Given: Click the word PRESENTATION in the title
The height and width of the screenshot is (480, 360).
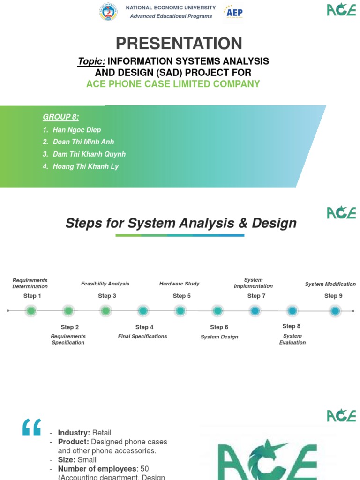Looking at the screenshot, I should pyautogui.click(x=179, y=44).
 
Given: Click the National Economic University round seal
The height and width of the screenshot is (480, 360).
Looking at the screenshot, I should pyautogui.click(x=108, y=12).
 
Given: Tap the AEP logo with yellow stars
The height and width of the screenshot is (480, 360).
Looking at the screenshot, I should pyautogui.click(x=233, y=12).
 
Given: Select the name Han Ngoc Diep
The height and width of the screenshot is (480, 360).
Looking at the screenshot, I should pyautogui.click(x=76, y=130).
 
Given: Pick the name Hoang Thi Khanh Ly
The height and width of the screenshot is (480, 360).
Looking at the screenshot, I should pyautogui.click(x=86, y=166).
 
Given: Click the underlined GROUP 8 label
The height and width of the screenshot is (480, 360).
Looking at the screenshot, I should pyautogui.click(x=60, y=117).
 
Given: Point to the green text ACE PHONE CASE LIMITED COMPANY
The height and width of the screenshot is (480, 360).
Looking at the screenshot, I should pyautogui.click(x=173, y=84).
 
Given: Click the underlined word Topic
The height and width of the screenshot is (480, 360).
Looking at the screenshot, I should pyautogui.click(x=91, y=61).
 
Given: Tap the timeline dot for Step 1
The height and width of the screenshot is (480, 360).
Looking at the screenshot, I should pyautogui.click(x=31, y=310).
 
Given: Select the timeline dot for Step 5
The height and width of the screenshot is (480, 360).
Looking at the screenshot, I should pyautogui.click(x=180, y=310).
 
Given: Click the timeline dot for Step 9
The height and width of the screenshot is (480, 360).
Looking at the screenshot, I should pyautogui.click(x=335, y=310).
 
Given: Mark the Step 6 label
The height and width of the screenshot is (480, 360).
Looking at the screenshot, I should pyautogui.click(x=219, y=327).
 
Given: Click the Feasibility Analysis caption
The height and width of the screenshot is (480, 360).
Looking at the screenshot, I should pyautogui.click(x=105, y=284).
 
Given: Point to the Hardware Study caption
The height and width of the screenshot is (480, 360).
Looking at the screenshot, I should pyautogui.click(x=179, y=284).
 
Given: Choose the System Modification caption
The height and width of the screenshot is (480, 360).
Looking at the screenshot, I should pyautogui.click(x=330, y=284).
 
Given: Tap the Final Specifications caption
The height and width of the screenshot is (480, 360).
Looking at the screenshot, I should pyautogui.click(x=142, y=336).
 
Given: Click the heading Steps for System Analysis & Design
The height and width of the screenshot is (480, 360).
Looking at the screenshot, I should pyautogui.click(x=181, y=223).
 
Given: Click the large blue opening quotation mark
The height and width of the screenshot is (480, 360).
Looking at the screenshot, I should pyautogui.click(x=32, y=427).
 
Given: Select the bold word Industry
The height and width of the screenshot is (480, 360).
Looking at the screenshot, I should pyautogui.click(x=74, y=433).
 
